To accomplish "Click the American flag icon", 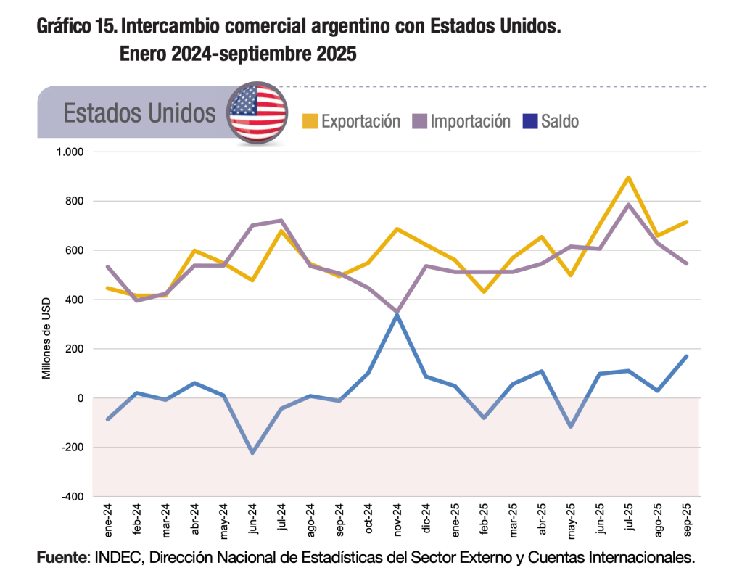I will tap(257, 112).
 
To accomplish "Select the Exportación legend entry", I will tap(351, 121).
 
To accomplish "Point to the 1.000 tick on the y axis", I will tap(70, 152).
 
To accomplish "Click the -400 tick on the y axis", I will tap(73, 497).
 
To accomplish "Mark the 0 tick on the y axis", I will tap(81, 398).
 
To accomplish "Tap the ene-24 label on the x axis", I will tap(108, 520).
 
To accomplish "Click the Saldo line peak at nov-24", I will tap(397, 315).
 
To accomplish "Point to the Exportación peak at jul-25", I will tap(628, 178).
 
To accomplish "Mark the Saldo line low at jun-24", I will tap(252, 453).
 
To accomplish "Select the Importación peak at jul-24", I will tap(281, 221).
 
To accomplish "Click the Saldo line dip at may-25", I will tap(570, 427).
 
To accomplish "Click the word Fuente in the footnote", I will tap(62, 558).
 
